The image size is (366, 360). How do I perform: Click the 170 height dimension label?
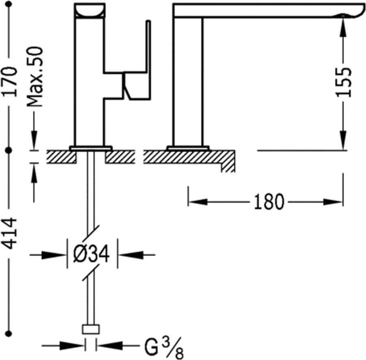point(11,81)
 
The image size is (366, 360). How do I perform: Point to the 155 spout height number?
point(344,81)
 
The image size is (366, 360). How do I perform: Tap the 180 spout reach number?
point(269,202)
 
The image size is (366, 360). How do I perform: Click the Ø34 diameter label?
point(91,255)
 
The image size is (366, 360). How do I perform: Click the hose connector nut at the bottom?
point(91,329)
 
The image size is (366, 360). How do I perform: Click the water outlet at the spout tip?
point(344,16)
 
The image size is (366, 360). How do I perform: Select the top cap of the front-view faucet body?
point(90,10)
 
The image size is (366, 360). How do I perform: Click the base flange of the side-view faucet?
point(188,147)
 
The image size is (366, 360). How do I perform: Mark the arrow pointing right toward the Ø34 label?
point(57,255)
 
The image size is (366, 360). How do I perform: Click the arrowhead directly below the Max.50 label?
point(34,140)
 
